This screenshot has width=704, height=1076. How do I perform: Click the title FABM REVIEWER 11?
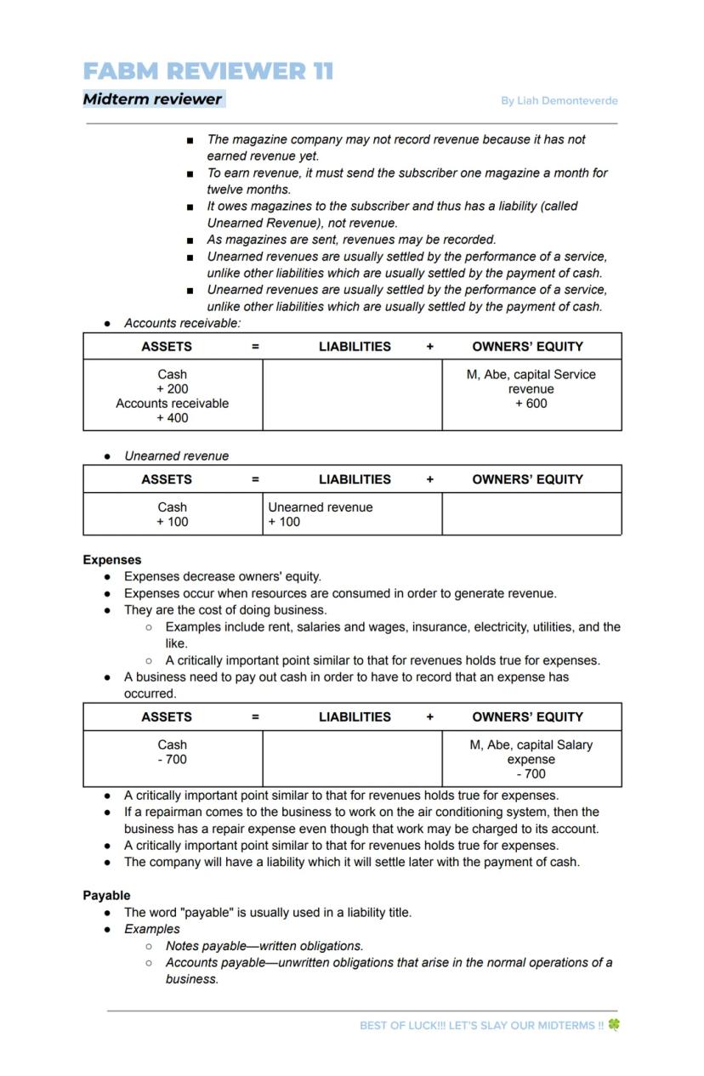pos(208,71)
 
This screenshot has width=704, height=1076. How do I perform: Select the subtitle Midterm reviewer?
pos(152,99)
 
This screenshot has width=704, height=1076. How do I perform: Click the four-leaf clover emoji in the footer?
pos(614,1025)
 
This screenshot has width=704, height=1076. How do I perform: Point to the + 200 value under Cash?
pos(172,389)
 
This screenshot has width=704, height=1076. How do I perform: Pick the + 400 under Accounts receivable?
pos(172,418)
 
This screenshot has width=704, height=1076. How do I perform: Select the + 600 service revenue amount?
pos(531,404)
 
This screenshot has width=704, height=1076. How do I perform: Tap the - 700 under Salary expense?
pos(531,774)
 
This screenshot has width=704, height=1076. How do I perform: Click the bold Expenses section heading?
pos(112,560)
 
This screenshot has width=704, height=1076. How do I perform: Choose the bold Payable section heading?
pos(106,896)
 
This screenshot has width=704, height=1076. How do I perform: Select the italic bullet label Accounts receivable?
pos(182,324)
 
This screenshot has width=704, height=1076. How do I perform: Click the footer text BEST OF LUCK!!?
pos(401,1026)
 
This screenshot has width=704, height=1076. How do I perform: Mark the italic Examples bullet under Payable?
pos(152,929)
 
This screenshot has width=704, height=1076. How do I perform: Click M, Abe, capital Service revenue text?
pos(531,382)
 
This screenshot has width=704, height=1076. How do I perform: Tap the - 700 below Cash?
pos(172,760)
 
